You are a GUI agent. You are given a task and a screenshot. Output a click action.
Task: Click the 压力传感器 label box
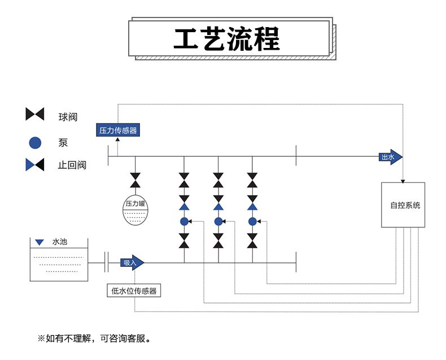coord(118,130)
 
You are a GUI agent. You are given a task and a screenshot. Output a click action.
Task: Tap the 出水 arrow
coord(391,157)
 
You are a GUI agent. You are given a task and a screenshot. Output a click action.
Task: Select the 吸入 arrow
coord(133,262)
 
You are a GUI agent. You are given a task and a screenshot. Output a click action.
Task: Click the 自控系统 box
coord(403,205)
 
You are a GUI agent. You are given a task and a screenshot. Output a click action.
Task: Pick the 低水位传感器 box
coord(134,291)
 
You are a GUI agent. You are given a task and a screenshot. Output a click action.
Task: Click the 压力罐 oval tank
coord(135,210)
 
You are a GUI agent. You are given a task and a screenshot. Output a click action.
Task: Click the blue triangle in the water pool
coord(39,243)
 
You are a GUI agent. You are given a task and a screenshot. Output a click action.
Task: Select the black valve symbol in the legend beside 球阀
coord(35,115)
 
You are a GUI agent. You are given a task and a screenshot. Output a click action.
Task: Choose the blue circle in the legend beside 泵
coord(35,143)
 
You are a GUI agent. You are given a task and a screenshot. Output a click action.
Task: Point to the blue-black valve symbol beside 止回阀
coord(35,165)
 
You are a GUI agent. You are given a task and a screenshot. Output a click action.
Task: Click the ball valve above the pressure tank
coord(135,180)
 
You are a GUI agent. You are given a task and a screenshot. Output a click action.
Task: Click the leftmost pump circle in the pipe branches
coord(184,221)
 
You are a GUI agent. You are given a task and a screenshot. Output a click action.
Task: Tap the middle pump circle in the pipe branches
coord(218,221)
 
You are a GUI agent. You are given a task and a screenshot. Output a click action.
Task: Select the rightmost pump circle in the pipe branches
coord(252,221)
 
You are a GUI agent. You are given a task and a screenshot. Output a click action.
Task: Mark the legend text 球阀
coord(67,117)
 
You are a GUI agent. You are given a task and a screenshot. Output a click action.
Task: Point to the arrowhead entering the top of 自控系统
coord(403,181)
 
